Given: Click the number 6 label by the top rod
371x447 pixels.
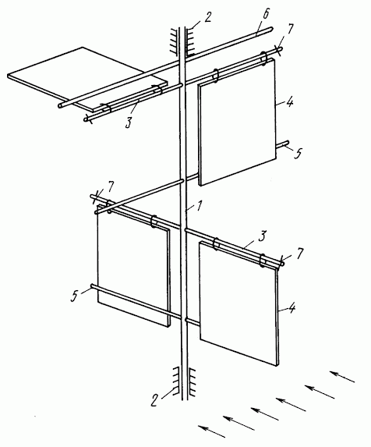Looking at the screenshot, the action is (x=265, y=15).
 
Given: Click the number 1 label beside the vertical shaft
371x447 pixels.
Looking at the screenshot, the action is (x=200, y=206).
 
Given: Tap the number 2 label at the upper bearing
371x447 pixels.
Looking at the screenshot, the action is (x=208, y=17).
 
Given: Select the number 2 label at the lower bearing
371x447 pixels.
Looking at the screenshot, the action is (x=154, y=400).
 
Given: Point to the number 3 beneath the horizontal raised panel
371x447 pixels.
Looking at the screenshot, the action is (x=129, y=122).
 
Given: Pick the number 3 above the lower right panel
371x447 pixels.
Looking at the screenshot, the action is (x=262, y=236).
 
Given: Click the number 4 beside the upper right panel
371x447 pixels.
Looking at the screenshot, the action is (x=290, y=102).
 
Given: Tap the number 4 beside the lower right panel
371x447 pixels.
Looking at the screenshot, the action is (x=291, y=308).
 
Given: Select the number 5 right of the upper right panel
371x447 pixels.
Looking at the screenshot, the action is (x=298, y=154).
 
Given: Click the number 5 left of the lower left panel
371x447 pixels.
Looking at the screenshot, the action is (x=74, y=296).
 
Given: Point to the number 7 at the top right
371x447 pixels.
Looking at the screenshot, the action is (x=290, y=29).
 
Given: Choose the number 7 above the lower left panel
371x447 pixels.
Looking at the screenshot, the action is (x=110, y=186).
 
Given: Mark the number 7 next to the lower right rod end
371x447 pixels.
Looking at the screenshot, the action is (x=299, y=254).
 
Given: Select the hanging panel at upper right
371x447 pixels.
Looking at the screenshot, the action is (x=237, y=122).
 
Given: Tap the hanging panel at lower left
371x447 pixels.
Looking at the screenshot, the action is (x=133, y=266).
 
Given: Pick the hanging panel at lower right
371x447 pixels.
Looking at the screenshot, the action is (x=239, y=303).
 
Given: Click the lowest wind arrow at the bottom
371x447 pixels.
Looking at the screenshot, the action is (x=211, y=431).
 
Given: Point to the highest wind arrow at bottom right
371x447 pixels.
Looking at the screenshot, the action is (x=342, y=376).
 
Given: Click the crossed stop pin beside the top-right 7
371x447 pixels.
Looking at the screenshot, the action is (x=279, y=50).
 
